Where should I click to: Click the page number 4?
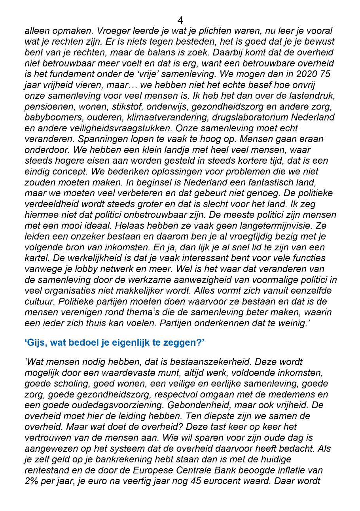tap(180, 20)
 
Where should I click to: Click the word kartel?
tap(35, 258)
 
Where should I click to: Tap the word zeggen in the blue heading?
tap(184, 343)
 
